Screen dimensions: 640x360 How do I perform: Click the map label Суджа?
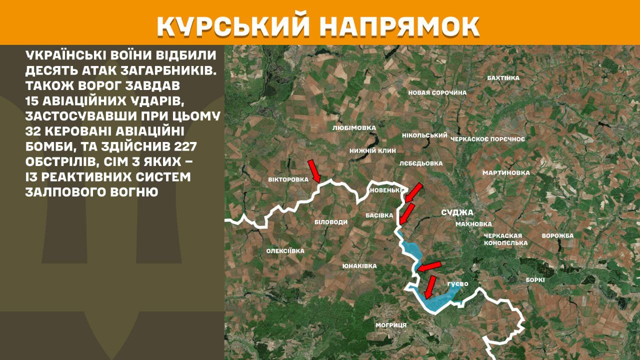457,212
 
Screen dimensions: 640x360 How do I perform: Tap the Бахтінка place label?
503,78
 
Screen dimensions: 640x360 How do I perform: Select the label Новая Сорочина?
437,92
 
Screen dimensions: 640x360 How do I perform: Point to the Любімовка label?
354,128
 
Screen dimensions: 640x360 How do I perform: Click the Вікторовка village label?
288,179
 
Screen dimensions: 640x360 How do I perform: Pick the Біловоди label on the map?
330,221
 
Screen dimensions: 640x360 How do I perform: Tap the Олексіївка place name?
285,251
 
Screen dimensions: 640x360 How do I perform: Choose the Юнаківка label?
359,266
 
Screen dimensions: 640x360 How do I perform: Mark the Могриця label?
391,325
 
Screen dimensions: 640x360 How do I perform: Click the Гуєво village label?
457,284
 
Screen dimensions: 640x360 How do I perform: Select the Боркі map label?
535,280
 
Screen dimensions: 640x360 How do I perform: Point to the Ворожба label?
557,235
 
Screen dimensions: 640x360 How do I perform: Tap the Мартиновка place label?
506,172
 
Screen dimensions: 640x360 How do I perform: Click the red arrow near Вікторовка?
313,170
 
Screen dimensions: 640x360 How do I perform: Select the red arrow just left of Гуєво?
429,287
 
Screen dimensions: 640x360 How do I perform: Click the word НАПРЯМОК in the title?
399,26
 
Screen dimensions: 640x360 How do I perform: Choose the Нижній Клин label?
372,150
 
